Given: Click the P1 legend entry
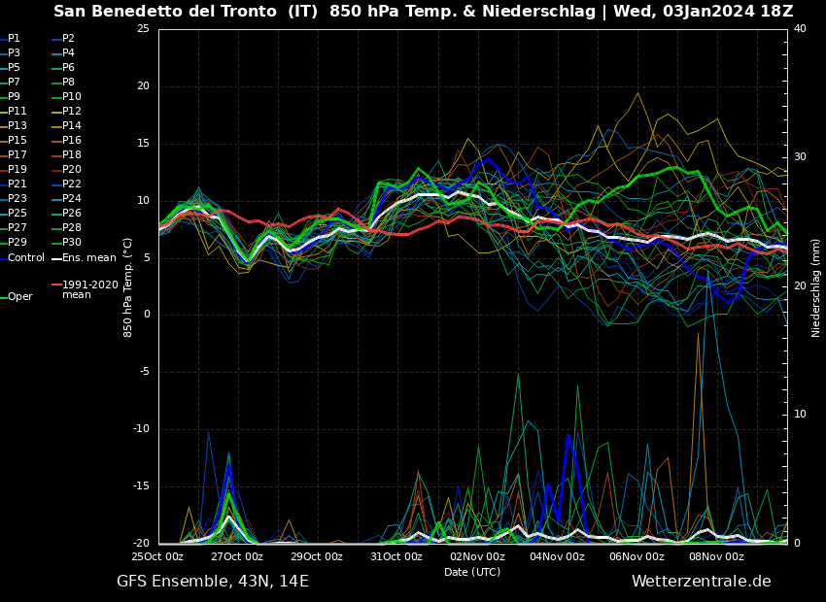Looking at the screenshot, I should (x=14, y=39).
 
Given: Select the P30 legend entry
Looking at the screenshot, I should (x=71, y=243).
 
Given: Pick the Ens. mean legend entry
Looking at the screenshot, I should (x=88, y=257).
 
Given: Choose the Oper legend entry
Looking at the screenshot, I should (x=19, y=297).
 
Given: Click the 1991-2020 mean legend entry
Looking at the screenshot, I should (x=89, y=289).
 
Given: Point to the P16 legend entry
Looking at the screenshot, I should (x=71, y=141).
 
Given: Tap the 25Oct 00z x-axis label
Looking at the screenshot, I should (x=157, y=556).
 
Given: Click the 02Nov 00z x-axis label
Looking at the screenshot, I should (x=477, y=556).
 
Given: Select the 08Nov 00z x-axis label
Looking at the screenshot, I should (x=716, y=556).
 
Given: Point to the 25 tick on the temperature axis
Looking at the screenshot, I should (x=143, y=29).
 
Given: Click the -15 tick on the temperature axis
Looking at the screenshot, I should (x=141, y=486).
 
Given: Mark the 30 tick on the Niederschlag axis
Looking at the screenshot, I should (x=800, y=157).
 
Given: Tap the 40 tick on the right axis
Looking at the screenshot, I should (x=800, y=29).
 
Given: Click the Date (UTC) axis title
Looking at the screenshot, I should (x=472, y=572).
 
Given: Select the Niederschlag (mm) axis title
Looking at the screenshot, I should (x=816, y=287).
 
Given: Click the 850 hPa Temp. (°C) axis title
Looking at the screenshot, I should (x=128, y=287).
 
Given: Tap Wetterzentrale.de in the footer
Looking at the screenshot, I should (x=701, y=582).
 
